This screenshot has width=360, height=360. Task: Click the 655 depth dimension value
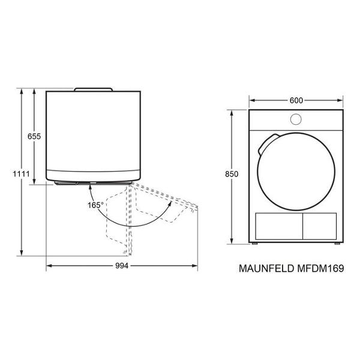[x=34, y=137]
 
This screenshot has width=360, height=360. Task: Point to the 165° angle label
[x=95, y=205]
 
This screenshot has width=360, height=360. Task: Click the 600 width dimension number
[x=296, y=101]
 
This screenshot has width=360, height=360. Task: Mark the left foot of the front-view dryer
[x=255, y=245]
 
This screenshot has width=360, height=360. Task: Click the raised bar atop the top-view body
[x=93, y=89]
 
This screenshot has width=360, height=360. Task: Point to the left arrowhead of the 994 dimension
[x=49, y=265]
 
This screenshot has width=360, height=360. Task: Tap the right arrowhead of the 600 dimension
[x=343, y=101]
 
